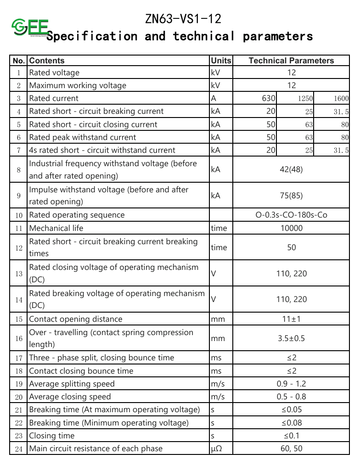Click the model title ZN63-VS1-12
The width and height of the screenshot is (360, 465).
[183, 19]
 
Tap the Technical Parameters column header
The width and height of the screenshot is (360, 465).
[291, 61]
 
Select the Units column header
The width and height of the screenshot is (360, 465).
[221, 61]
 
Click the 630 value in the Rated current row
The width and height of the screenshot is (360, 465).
[269, 98]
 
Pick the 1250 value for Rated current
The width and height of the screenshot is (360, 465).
[305, 98]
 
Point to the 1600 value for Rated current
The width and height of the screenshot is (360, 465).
[341, 98]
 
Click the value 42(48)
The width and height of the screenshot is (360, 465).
[291, 169]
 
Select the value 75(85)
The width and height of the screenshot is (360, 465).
[291, 196]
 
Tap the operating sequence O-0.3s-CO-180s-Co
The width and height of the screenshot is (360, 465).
[291, 215]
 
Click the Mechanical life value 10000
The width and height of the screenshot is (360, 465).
[291, 228]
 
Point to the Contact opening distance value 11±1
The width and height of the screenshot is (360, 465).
[291, 319]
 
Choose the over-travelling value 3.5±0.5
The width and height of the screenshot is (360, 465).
[291, 338]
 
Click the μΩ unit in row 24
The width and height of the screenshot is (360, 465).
[216, 448]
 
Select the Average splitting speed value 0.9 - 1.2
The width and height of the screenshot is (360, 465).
[291, 384]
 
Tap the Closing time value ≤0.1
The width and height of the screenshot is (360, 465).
[291, 436]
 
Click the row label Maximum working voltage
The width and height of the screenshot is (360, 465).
[78, 85]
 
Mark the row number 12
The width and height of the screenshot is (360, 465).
[19, 248]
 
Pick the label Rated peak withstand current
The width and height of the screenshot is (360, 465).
[83, 137]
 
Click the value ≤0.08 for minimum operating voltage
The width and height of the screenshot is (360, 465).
[291, 423]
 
